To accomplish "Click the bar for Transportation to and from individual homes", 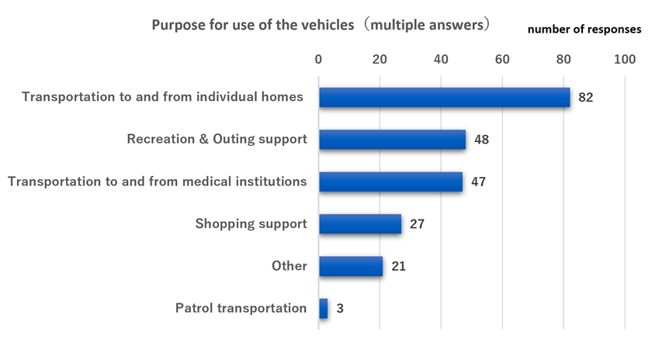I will point(444,97).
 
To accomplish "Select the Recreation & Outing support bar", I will point(392,140).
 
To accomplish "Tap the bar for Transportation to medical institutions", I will point(390,182).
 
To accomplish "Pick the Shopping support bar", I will point(360,224).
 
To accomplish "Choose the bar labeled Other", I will point(351,266).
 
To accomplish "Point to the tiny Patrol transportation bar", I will point(323,308).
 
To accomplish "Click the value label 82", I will point(586,98).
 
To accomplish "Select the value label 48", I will point(481,140).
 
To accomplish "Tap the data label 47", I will point(478,182).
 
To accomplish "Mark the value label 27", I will point(417,224).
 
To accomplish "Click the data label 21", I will point(398,266).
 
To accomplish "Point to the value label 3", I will point(340,309).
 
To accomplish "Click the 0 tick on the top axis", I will point(318,59).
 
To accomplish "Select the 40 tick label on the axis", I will point(441,59).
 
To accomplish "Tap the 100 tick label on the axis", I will point(624,59).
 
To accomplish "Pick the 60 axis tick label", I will point(502,59).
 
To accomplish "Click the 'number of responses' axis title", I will point(584,29).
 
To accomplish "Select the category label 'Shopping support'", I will point(251,224).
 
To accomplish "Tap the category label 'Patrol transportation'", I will point(241,308).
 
